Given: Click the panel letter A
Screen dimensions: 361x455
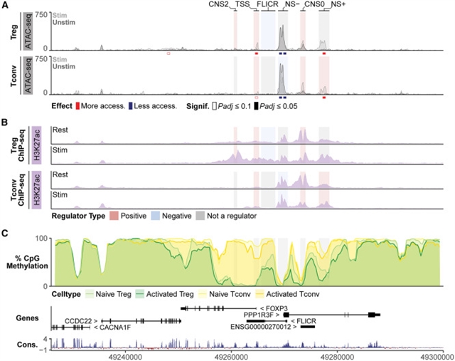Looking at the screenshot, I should pos(5,6).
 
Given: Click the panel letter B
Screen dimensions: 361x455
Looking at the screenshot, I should pos(5,122).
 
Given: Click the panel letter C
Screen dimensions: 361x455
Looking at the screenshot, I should pos(5,233).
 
